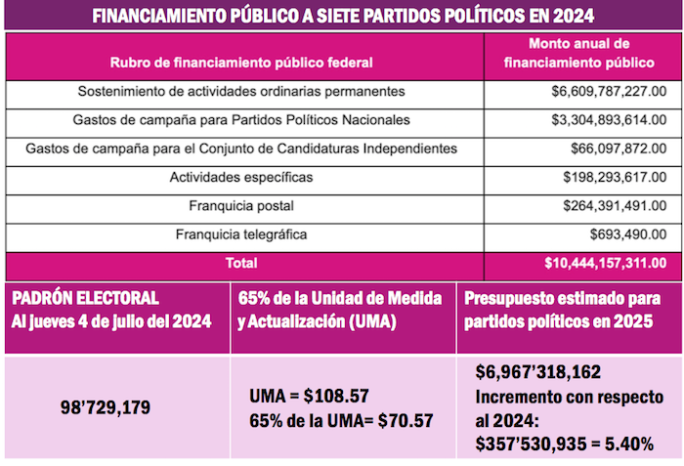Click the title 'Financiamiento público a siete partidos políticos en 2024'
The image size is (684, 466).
pos(341,17)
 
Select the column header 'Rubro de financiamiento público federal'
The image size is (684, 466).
pos(242,62)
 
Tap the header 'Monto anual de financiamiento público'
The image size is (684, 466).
pos(578,54)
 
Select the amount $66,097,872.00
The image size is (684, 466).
pos(619,148)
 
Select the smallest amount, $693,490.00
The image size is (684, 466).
pos(628,235)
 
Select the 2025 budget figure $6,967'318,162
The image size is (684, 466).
pos(537,372)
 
